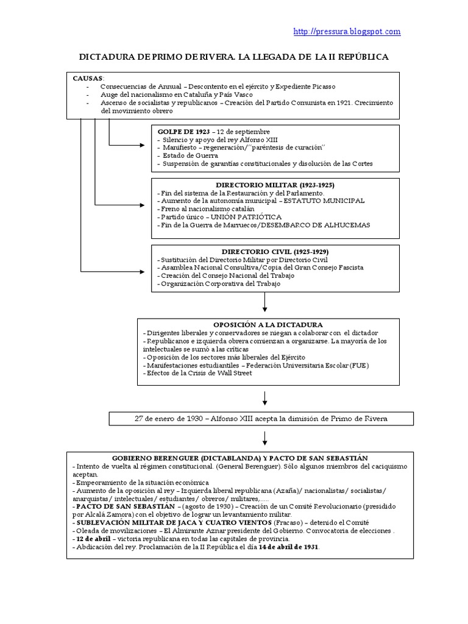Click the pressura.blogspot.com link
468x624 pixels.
point(347,32)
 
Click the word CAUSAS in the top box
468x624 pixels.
point(88,79)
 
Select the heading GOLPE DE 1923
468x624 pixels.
point(183,132)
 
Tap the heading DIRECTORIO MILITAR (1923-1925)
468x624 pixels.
point(275,185)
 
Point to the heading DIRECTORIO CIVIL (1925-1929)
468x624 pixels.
point(275,251)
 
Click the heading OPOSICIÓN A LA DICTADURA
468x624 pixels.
point(268,325)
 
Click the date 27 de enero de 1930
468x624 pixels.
point(169,419)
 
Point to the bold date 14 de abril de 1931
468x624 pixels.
point(288,547)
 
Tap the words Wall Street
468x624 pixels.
point(232,373)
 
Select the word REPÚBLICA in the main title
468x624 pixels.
point(360,57)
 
